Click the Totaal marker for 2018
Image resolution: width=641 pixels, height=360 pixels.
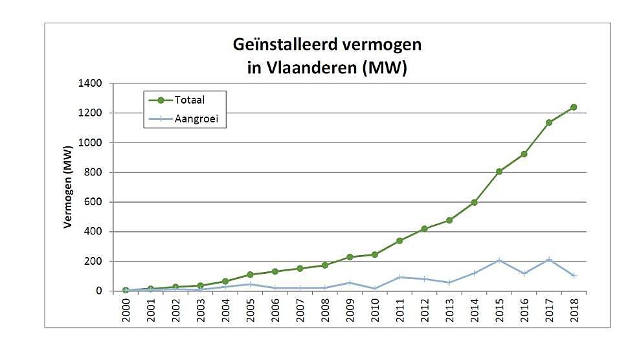point(573,107)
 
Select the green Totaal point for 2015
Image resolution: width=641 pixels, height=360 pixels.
point(499,172)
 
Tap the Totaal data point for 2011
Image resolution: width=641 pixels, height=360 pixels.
point(399,241)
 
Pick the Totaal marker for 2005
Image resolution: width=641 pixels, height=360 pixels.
point(250,275)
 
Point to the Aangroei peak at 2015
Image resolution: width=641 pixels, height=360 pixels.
point(499,260)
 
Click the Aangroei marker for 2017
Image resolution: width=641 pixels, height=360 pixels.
point(548,260)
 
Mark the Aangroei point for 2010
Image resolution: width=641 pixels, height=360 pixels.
point(374,288)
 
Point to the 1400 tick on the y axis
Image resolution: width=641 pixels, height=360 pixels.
point(91,84)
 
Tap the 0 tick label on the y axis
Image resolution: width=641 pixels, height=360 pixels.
point(98,291)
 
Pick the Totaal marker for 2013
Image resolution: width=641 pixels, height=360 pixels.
point(449,220)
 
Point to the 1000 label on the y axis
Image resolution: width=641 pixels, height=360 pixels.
point(91,142)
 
